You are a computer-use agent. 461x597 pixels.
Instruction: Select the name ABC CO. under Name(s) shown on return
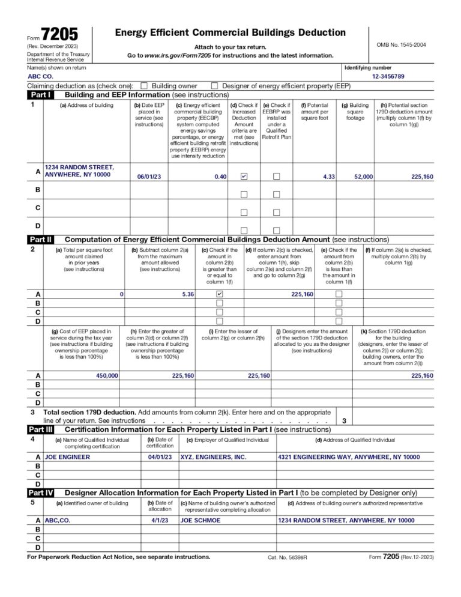(x=40, y=77)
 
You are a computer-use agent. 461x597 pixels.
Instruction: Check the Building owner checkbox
(x=144, y=86)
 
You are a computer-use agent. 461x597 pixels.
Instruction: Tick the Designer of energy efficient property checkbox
(x=214, y=86)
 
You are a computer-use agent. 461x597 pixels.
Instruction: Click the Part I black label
(x=41, y=95)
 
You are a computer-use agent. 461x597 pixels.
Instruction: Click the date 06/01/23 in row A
(x=149, y=177)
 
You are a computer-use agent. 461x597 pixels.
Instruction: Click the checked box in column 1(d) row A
(x=243, y=177)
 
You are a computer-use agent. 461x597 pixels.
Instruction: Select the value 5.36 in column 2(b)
(x=188, y=294)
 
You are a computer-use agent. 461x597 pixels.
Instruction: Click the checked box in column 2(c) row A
(x=219, y=294)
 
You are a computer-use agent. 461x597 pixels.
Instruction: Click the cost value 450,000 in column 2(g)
(x=107, y=375)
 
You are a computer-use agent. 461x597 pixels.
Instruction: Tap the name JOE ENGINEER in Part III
(x=68, y=457)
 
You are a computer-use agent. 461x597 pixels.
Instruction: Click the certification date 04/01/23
(x=160, y=457)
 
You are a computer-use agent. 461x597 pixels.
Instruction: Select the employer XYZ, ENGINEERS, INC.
(x=213, y=457)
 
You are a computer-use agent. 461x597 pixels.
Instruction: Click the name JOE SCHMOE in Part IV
(x=200, y=520)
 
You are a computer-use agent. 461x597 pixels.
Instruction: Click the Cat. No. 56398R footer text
(x=287, y=557)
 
